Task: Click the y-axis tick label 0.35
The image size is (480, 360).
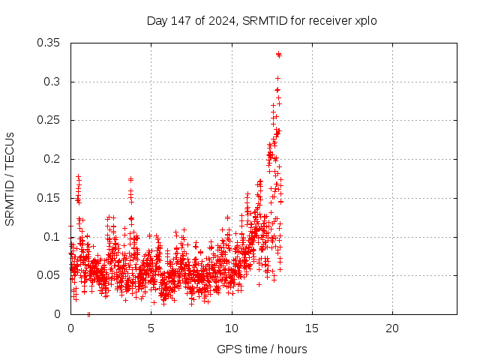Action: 50,43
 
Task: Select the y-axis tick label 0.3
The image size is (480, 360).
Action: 53,82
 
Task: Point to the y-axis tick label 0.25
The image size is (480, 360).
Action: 50,120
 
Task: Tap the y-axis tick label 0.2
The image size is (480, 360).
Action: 53,159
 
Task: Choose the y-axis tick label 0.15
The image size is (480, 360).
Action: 50,198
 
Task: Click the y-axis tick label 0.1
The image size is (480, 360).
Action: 53,237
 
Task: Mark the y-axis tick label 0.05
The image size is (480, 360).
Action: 50,275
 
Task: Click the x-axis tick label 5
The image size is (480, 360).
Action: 151,328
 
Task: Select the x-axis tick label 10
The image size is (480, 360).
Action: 232,328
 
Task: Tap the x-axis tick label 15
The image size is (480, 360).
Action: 312,328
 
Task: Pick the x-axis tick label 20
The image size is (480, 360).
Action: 392,328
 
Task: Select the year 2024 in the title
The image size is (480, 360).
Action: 221,20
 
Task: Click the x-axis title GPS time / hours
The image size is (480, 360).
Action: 262,349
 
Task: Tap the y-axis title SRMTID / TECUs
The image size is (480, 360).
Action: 10,178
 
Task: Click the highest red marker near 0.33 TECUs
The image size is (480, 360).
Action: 278,54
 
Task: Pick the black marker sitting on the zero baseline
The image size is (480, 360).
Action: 88,314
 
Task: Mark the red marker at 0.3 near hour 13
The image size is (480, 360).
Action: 277,78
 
